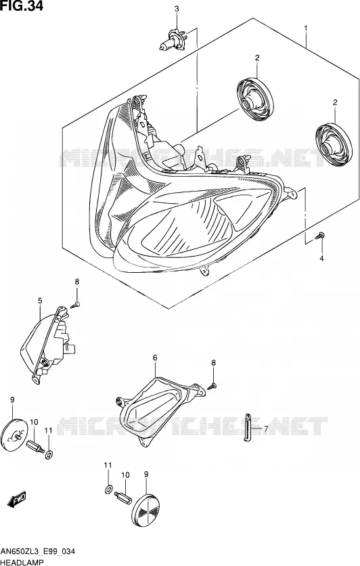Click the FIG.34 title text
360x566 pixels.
click(21, 5)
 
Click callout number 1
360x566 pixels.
click(306, 28)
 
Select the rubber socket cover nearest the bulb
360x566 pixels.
click(255, 99)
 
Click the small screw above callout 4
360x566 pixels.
click(319, 236)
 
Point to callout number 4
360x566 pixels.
click(321, 258)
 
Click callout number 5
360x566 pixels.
click(40, 301)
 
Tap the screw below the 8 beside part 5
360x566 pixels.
click(75, 305)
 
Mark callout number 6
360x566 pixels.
click(155, 357)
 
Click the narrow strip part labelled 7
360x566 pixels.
click(247, 427)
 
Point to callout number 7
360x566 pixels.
click(266, 429)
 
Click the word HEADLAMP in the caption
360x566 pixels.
click(22, 562)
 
